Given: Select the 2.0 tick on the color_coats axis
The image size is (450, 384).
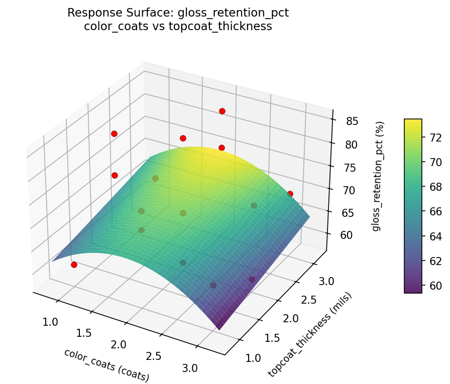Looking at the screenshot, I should click(119, 345).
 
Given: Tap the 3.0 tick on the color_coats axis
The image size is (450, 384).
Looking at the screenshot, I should click(190, 368).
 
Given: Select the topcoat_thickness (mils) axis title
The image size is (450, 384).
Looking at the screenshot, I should click(310, 334).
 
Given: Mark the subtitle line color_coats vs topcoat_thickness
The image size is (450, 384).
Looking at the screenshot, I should click(178, 27).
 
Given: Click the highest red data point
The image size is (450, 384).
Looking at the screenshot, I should click(222, 111).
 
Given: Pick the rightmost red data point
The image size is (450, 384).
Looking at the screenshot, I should click(290, 194).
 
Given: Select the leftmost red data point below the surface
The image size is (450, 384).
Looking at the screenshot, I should click(74, 265).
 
